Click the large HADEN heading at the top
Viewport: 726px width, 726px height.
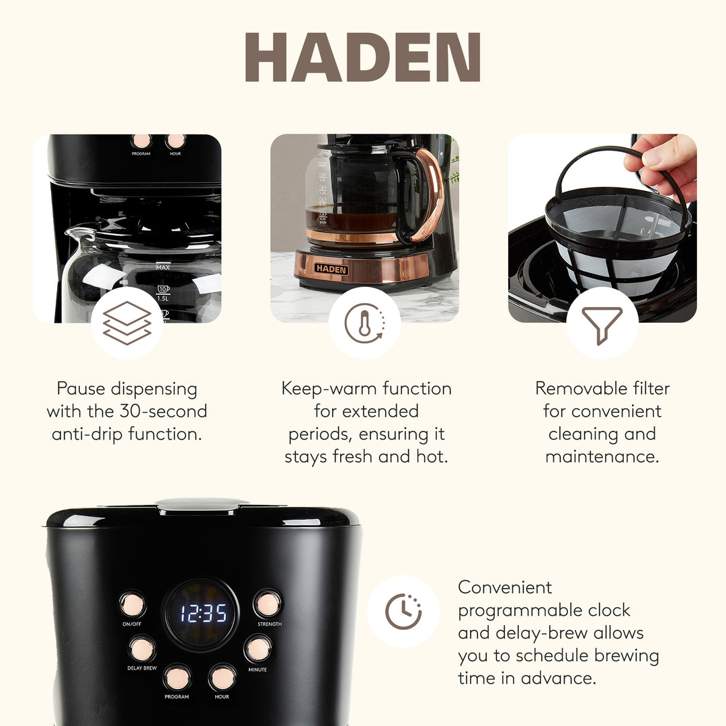[363, 58]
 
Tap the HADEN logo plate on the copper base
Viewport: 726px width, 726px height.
[331, 269]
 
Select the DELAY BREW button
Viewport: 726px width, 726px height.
[142, 649]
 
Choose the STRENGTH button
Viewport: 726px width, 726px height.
[268, 604]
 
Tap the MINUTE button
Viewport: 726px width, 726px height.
[257, 649]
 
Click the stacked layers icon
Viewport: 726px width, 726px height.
[126, 323]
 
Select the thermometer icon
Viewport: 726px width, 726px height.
[364, 323]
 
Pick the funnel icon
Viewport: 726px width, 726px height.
[602, 324]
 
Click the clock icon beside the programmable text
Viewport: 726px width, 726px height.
[403, 612]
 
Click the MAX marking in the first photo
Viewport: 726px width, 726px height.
[163, 268]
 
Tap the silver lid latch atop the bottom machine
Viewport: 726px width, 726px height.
[202, 504]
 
